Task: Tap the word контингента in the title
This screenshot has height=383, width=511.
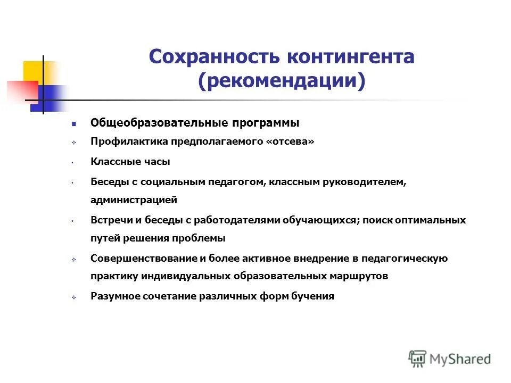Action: pos(351,57)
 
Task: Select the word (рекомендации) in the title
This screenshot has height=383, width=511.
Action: pos(282,81)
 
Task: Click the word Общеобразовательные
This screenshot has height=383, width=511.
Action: pos(159,123)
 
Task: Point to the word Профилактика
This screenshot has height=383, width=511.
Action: pos(130,142)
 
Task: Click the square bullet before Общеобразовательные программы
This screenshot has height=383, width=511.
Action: pos(74,123)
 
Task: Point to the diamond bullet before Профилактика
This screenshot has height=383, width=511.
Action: pos(74,143)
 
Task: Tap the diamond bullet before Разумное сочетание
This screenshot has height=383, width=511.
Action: pos(74,297)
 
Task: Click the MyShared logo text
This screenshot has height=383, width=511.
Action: pos(460,359)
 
